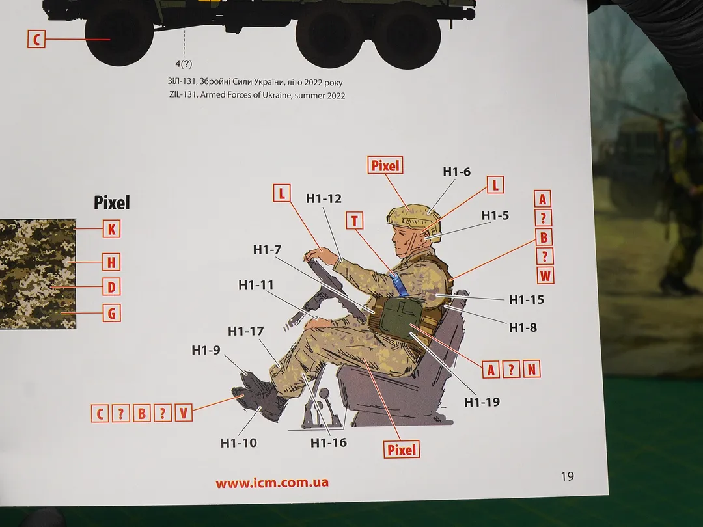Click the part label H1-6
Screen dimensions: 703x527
point(456,172)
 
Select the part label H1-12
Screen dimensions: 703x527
point(324,198)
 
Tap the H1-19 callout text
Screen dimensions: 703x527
point(482,402)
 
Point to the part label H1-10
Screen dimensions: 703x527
point(238,443)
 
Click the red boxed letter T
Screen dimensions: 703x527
point(355,221)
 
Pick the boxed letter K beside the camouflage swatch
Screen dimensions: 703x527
point(112,229)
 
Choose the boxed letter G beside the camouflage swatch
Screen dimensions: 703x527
point(112,313)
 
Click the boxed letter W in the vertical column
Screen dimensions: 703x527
point(545,275)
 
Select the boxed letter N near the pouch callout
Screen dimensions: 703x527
point(531,370)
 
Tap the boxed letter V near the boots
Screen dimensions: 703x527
point(184,413)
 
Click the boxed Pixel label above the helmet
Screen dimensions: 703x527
point(385,166)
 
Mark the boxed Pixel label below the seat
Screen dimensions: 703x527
point(402,450)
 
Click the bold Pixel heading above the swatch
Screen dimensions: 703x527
point(112,203)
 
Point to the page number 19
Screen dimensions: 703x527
point(567,476)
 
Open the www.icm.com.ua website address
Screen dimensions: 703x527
point(272,483)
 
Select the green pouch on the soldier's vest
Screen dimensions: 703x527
point(398,319)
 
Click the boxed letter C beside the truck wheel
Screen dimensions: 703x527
point(36,39)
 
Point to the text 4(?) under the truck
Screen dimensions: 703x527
point(184,64)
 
